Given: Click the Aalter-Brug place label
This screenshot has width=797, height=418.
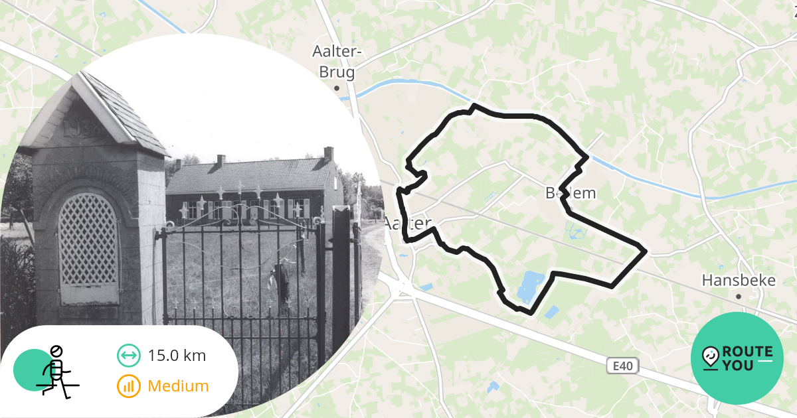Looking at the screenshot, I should [x=337, y=61].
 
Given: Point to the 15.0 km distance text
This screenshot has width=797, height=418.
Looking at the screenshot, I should [x=177, y=356].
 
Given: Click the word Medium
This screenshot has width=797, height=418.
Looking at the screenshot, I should [x=178, y=385].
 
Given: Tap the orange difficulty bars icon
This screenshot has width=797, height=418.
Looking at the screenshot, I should [x=128, y=386].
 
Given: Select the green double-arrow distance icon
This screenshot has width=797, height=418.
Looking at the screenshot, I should [x=128, y=356].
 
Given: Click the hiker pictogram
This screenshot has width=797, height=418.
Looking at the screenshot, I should [x=57, y=371].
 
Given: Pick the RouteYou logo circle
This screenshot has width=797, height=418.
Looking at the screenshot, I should [x=737, y=358].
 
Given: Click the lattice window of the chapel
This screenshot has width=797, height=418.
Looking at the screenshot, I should [x=88, y=239].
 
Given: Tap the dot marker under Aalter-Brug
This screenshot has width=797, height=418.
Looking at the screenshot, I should [x=337, y=88].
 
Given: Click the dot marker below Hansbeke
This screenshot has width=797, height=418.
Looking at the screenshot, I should [x=738, y=297].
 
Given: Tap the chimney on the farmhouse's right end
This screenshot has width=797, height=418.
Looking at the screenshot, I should [x=328, y=153].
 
